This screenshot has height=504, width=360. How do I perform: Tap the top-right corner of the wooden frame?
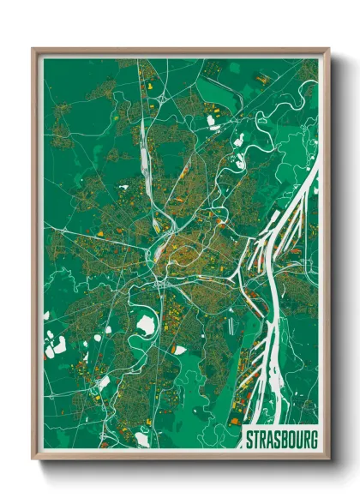(x=328, y=49)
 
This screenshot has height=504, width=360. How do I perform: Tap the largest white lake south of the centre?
(x=146, y=325)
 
